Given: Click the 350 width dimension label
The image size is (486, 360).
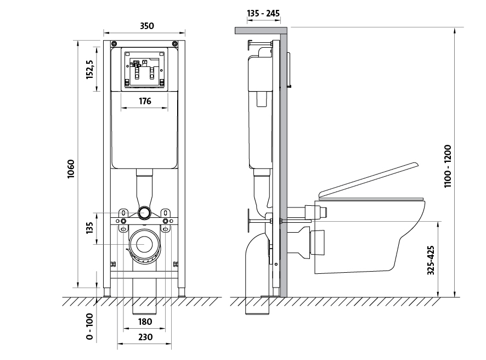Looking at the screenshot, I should click(x=146, y=26).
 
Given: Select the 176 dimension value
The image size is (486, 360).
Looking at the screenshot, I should click(x=145, y=100).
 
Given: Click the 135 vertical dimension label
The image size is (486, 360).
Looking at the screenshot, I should click(x=91, y=228).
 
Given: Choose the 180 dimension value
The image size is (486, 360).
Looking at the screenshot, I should click(x=145, y=322).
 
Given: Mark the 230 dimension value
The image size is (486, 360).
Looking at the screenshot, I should click(x=145, y=337).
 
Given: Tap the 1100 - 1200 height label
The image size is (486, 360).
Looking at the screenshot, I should click(x=448, y=166).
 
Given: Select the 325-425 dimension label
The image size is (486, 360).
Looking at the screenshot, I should click(x=431, y=260).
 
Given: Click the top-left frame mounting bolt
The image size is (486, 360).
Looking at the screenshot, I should click(x=113, y=44).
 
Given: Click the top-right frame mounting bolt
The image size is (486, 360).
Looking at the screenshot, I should click(x=174, y=44).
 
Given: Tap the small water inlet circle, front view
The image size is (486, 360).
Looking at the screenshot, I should click(x=145, y=212).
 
